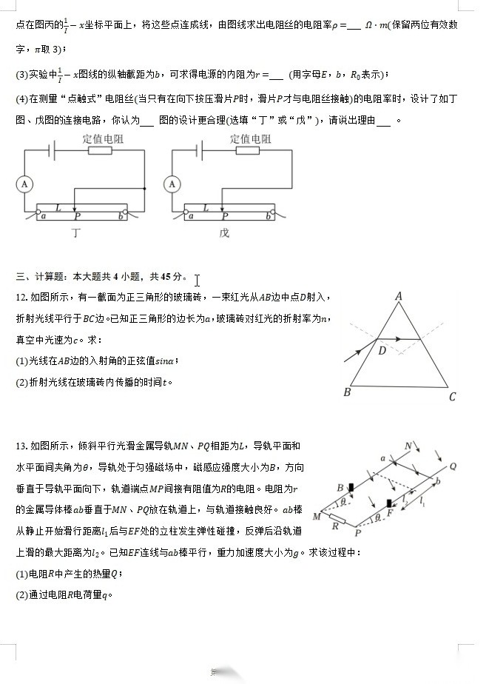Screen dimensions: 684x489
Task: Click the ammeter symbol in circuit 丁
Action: pos(25,184)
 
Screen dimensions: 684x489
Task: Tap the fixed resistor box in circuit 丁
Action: pos(100,150)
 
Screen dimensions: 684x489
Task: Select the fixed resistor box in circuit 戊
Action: pos(248,150)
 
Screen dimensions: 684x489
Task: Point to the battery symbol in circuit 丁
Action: pos(51,150)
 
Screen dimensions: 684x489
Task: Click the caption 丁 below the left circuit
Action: pos(76,233)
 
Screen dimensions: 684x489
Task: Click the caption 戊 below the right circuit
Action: pos(224,233)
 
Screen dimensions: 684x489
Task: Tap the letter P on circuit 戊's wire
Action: pos(225,217)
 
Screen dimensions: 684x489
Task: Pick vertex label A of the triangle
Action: pos(398,297)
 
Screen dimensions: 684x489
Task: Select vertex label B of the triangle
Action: pos(346,392)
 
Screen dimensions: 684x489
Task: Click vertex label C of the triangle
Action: pos(453,397)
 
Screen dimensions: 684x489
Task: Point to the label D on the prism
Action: pos(382,351)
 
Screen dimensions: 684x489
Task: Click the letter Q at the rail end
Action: pos(453,466)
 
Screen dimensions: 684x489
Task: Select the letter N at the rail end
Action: pos(408,446)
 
